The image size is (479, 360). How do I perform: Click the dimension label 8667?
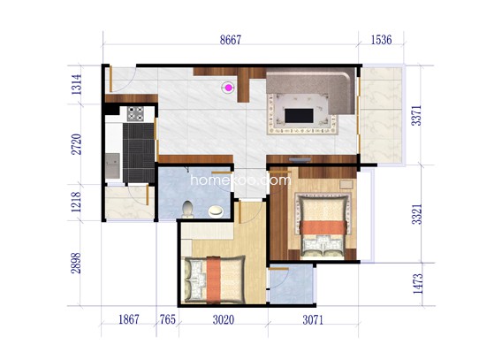231,40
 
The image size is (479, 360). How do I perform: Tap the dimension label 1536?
381,40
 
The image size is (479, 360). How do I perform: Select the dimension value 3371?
416,115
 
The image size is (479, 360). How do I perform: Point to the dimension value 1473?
418,284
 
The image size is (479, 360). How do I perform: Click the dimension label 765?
168,319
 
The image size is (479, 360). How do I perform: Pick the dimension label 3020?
224,320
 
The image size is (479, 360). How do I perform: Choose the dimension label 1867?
129,319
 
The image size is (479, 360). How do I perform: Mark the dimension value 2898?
76,263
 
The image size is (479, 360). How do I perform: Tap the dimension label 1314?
76,84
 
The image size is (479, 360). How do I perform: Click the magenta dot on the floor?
228,88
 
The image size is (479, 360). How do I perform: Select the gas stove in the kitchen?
135,113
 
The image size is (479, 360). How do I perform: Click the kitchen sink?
113,165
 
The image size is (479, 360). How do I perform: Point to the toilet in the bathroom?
187,209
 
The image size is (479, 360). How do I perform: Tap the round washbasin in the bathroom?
216,211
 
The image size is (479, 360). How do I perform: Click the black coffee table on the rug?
299,116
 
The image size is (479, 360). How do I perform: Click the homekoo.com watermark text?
240,180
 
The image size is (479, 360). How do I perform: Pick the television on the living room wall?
300,160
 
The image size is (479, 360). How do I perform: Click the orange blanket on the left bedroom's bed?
213,280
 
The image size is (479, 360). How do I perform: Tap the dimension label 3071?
313,320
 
